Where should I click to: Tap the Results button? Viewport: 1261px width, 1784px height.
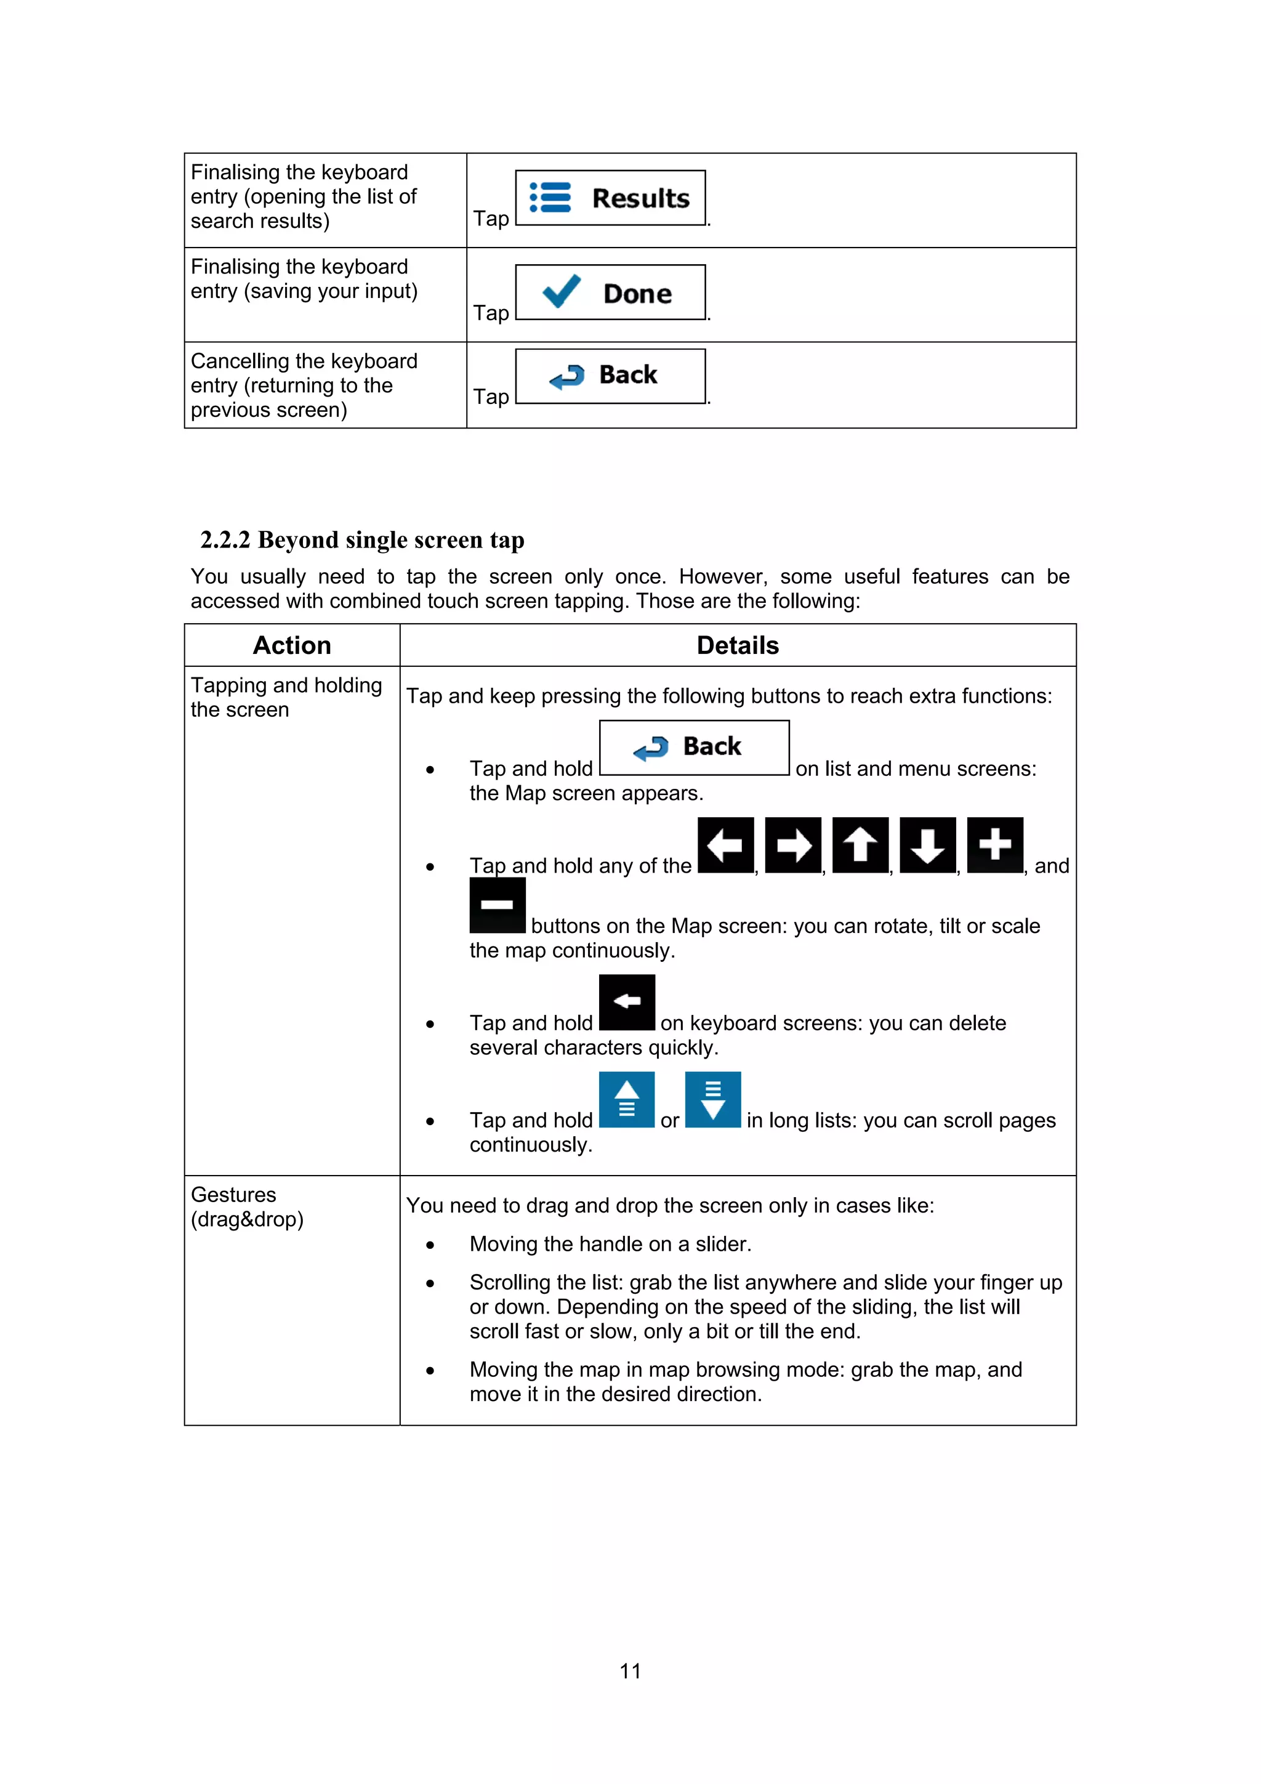click(611, 198)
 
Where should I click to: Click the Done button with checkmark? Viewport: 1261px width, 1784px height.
click(611, 292)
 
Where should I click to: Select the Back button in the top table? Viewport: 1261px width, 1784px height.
click(611, 376)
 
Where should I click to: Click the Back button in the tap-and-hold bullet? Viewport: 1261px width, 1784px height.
click(694, 748)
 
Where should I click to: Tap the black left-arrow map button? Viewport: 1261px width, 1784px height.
click(726, 845)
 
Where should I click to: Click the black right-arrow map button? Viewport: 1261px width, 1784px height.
click(792, 845)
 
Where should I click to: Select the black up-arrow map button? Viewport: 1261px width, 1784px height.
click(860, 845)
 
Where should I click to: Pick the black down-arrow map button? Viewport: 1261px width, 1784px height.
click(928, 845)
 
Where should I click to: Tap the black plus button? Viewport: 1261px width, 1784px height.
click(994, 845)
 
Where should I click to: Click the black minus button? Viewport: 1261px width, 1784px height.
click(498, 905)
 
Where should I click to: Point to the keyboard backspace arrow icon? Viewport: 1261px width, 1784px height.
click(627, 1001)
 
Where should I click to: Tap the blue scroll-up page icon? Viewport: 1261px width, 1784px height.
click(627, 1099)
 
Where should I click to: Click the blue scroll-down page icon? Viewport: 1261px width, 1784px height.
click(712, 1099)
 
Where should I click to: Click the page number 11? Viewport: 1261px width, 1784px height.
click(630, 1671)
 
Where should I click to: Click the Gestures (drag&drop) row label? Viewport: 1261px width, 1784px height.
click(247, 1207)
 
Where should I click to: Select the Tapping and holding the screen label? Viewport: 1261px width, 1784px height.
click(286, 697)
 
